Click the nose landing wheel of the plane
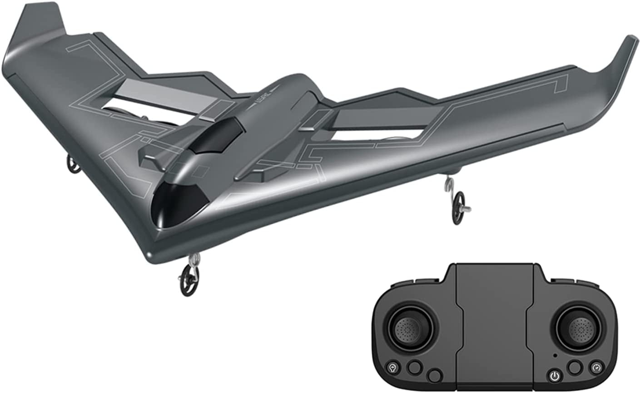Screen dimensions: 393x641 coord(189,280)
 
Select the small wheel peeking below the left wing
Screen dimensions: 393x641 coord(73,164)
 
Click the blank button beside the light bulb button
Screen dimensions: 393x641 coord(413,367)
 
